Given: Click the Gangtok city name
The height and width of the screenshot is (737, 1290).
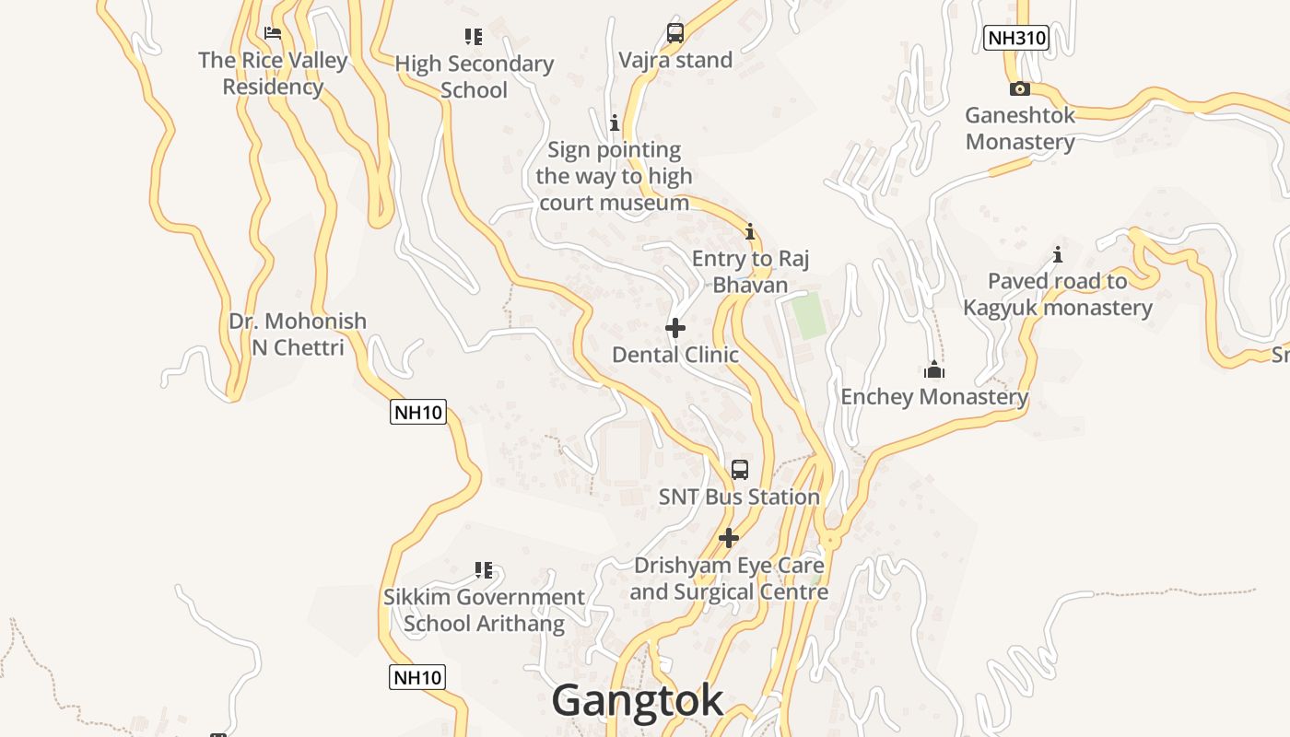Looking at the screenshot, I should pos(637,700).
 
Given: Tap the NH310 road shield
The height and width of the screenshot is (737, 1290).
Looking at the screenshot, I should pos(1016,38).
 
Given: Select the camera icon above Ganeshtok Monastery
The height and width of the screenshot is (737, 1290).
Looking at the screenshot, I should pos(1019,89).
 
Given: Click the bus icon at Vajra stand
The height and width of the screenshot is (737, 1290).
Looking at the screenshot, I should pos(675,33).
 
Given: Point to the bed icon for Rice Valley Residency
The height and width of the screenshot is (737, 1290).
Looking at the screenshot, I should pos(273,33).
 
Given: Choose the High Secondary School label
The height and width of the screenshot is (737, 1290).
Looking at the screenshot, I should pos(474,76).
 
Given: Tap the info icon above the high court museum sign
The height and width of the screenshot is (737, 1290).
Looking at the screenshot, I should pos(615,123).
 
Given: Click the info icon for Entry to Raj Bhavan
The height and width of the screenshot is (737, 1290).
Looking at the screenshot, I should pos(750,231).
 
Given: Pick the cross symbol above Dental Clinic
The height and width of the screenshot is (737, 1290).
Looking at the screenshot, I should pos(675,328).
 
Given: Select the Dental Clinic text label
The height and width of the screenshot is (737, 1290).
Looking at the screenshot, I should pos(675,355).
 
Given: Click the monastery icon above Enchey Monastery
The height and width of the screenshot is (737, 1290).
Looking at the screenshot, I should pos(934,370).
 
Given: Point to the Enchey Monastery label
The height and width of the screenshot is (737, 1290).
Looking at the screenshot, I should pos(934,397).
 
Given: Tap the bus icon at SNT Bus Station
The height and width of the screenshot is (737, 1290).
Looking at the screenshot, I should pos(739,470).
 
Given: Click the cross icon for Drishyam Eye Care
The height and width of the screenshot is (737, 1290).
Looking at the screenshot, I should pos(729,538).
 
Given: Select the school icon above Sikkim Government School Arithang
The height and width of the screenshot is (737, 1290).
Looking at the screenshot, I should pos(484,570).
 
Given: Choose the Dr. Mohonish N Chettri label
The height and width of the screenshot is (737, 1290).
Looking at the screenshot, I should pos(298,334).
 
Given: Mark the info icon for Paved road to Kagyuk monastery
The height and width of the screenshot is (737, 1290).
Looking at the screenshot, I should pos(1058,254).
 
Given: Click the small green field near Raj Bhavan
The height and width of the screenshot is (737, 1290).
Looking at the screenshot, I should pos(809,316).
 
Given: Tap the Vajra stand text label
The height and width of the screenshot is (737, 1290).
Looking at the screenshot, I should pos(675,61).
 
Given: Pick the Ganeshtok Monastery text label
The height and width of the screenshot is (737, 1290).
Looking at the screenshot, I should pos(1020,129).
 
